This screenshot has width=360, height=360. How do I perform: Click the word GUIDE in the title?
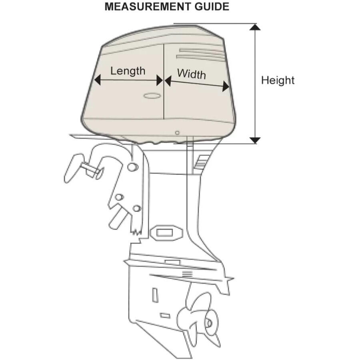point(212,6)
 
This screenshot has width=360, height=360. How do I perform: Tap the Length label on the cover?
point(128,71)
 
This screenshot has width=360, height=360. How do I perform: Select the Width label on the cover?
point(192,74)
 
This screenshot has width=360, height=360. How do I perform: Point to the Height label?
point(278,80)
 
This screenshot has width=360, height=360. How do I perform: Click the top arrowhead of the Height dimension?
point(255,27)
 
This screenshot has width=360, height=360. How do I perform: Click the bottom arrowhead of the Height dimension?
point(255,140)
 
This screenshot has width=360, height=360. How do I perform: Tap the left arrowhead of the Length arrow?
point(98,80)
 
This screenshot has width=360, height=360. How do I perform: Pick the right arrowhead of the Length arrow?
point(160,80)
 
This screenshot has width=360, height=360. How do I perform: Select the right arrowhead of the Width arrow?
point(226,86)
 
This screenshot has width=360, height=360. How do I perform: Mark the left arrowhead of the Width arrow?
point(168,81)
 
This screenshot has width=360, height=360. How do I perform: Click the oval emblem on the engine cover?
point(152,96)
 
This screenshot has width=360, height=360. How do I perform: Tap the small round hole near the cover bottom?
point(177,133)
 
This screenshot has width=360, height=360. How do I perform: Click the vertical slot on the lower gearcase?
point(155,294)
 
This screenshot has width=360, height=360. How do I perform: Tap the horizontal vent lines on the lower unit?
point(187,274)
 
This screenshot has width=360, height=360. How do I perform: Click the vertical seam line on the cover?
point(164,82)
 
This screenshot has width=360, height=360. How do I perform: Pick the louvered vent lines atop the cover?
point(200,55)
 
